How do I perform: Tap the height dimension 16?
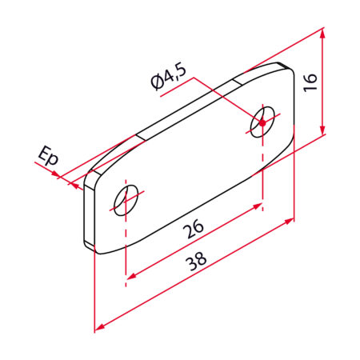[x=310, y=82]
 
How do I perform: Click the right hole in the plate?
[x=262, y=121]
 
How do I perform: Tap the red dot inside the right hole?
[x=261, y=123]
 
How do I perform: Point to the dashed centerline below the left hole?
[x=126, y=248]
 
